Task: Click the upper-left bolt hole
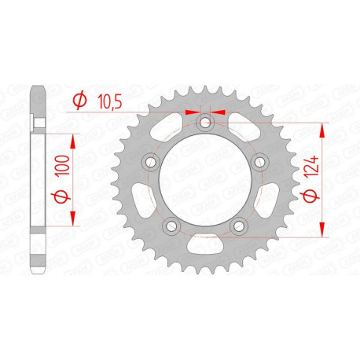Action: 148,163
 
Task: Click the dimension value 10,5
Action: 108,99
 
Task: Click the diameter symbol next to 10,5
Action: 79,100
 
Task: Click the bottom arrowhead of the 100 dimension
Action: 72,219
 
